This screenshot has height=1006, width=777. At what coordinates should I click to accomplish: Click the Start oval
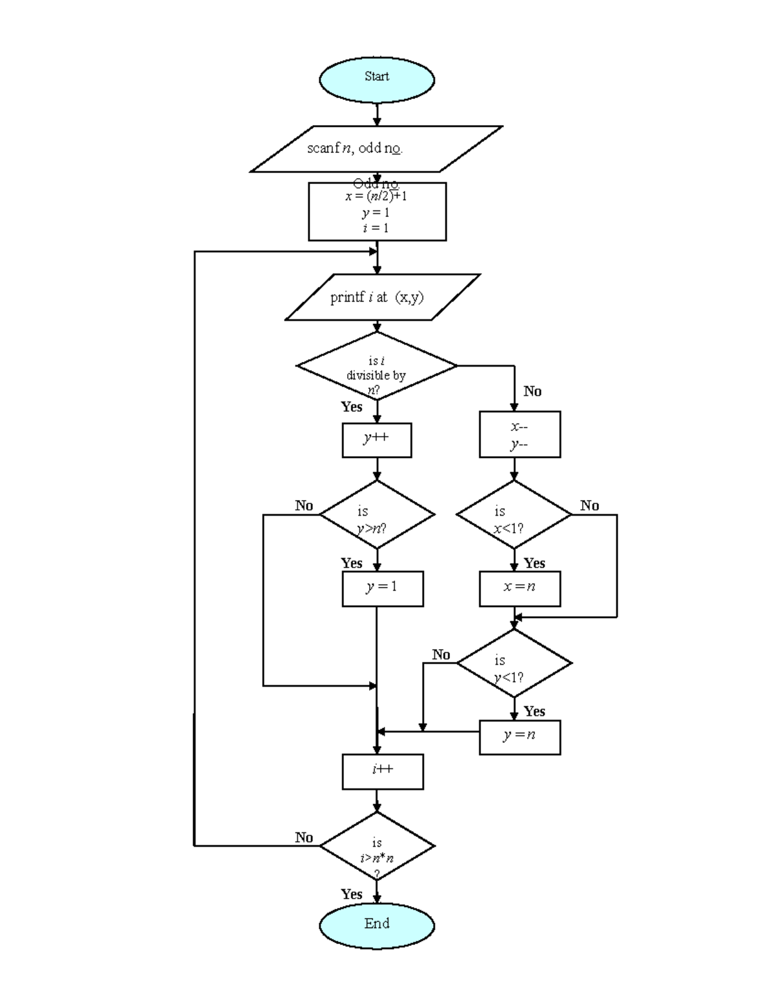coord(377,80)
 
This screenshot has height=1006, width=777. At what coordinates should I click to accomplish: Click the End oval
coord(377,926)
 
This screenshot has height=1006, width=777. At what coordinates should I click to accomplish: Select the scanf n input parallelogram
coord(376,149)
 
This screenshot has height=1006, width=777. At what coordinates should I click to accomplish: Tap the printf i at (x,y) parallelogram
coord(383,297)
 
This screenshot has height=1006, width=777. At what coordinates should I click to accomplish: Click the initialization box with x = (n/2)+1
coord(377,212)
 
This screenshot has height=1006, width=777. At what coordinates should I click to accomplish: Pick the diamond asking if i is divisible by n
coord(377,366)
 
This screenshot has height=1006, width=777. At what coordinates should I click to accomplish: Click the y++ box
coord(377,440)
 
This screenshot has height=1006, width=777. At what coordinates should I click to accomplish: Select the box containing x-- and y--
coord(519,435)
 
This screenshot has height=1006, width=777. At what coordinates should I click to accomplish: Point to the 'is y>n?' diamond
coord(377,516)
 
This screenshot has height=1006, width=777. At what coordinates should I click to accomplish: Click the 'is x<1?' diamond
coord(514,516)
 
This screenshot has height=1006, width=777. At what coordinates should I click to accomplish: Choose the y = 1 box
coord(383,588)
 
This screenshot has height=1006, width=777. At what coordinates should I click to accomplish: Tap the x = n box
coord(519,588)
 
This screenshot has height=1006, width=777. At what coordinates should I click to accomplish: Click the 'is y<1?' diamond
coord(514,663)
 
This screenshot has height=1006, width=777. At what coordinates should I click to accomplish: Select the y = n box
coord(519,737)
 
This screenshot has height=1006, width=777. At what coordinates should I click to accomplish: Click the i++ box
coord(383,772)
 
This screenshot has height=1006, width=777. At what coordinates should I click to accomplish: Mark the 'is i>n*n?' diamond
coord(377,846)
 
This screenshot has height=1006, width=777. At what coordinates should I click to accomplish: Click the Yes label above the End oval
coord(352,894)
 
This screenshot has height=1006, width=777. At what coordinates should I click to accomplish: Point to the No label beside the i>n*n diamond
coord(304,837)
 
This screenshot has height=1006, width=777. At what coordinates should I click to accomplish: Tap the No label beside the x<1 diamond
coord(589,505)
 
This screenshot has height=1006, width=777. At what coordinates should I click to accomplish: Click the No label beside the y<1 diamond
coord(441,654)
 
